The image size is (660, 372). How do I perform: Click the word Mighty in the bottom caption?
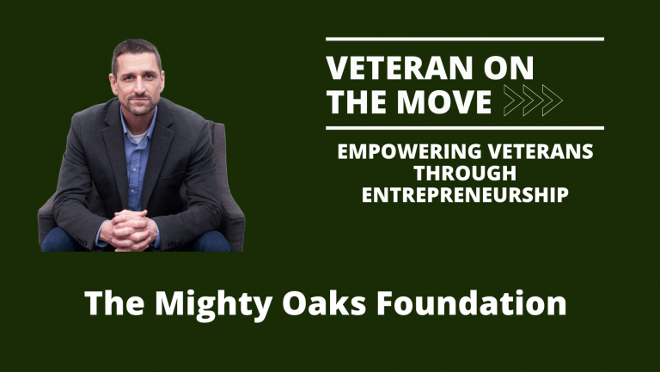[x=195, y=305]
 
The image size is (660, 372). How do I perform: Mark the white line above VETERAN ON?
[x=465, y=39]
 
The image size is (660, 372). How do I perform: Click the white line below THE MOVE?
[x=465, y=128]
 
